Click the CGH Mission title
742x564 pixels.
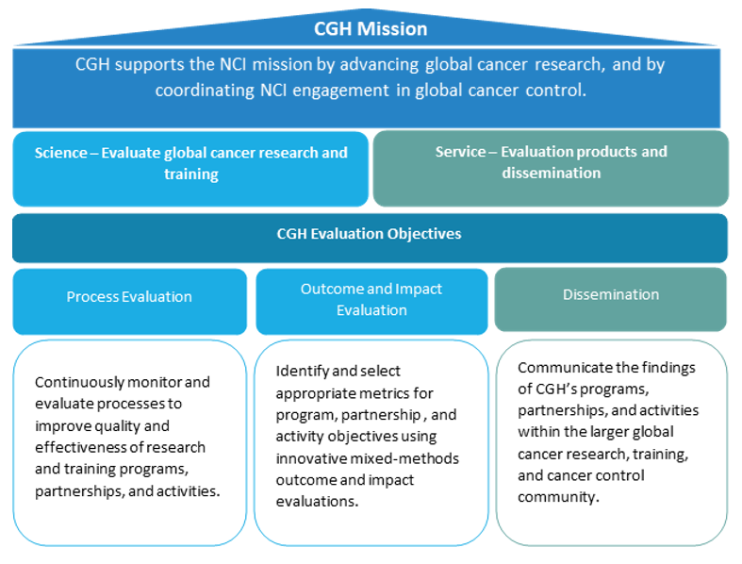pyautogui.click(x=371, y=29)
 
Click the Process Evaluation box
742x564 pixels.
pyautogui.click(x=129, y=296)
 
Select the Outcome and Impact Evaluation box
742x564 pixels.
pyautogui.click(x=371, y=299)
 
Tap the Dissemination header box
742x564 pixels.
pyautogui.click(x=610, y=294)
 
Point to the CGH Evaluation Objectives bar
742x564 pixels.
pyautogui.click(x=370, y=233)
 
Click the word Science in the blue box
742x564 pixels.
pyautogui.click(x=60, y=153)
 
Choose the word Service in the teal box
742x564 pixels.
pyautogui.click(x=461, y=152)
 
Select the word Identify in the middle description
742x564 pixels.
pyautogui.click(x=303, y=371)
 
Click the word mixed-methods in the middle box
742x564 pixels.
pyautogui.click(x=414, y=457)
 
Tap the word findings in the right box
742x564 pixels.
pyautogui.click(x=651, y=368)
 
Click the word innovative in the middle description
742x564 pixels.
pyautogui.click(x=309, y=457)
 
